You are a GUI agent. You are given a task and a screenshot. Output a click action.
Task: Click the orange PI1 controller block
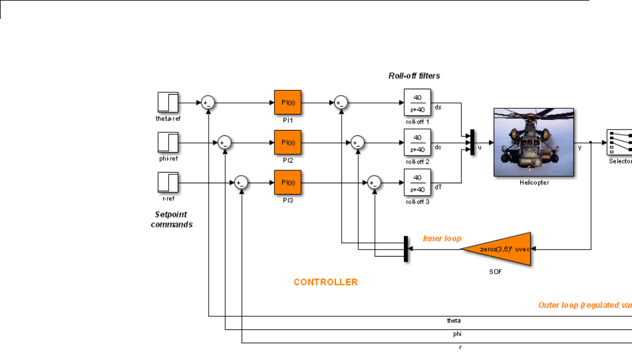coord(288,102)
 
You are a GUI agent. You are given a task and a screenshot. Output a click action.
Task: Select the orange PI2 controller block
coord(288,142)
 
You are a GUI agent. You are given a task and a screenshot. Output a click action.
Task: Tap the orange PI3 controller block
coord(288,182)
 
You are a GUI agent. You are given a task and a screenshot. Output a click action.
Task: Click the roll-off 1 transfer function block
coord(417,102)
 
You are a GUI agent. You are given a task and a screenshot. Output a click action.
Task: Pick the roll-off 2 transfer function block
coord(417,142)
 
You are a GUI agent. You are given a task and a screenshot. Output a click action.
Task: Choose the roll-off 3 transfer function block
coord(417,182)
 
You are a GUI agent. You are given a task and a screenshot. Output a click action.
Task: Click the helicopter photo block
coord(534,142)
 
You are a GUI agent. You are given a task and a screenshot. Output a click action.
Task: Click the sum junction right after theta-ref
coord(207,102)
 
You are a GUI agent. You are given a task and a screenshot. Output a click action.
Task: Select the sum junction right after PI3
coord(373,183)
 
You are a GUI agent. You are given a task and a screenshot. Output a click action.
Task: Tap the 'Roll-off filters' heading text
coord(414,76)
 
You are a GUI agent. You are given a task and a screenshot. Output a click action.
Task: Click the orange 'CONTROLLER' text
coord(325,283)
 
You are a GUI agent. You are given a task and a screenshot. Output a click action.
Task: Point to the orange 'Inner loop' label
coord(442,238)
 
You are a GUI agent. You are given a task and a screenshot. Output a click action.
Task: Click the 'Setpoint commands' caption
coord(171,219)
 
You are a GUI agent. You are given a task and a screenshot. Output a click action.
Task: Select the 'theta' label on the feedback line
coord(453,320)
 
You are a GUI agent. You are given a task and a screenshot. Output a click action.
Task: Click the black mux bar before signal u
coord(472,142)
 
